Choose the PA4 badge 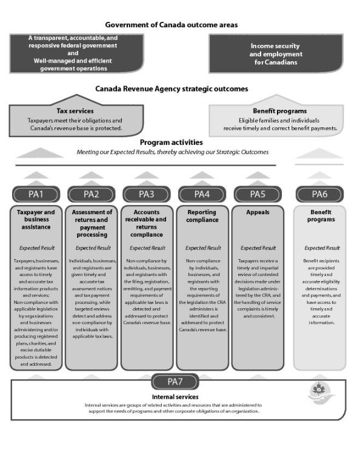(x=202, y=194)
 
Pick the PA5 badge (x=257, y=194)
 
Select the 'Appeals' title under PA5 (x=258, y=214)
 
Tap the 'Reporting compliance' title (x=202, y=217)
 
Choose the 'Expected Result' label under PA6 (x=322, y=248)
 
